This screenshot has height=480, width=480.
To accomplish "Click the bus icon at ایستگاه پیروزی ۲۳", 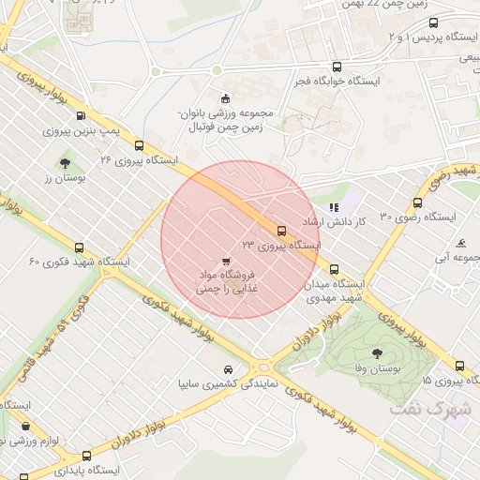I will pos(280,230).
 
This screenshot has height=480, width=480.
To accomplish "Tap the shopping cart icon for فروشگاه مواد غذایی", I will pos(225,261).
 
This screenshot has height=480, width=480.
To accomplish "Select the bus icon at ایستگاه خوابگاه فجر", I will pos(337,67).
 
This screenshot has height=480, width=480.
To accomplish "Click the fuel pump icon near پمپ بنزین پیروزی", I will pos(80,117).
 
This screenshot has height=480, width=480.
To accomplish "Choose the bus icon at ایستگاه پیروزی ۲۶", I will pos(140,145).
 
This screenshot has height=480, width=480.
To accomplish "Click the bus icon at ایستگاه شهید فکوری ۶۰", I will pos(79,248).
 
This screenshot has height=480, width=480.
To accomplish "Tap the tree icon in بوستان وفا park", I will pos(377,353).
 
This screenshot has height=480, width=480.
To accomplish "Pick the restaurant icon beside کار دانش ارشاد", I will pos(333,207).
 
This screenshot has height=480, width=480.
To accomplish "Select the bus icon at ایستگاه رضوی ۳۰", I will pos(417,202).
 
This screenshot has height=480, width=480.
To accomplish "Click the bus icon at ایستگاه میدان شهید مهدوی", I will pos(334,269).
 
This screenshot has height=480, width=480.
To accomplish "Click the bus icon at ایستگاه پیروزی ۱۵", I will pos(459,366).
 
